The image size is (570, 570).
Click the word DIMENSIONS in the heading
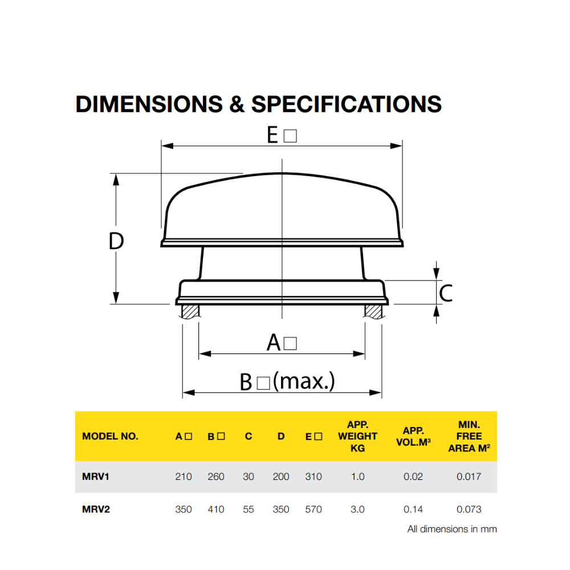pos(149,104)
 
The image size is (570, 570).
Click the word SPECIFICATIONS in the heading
pos(347,104)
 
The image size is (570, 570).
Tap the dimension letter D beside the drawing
pos(116,242)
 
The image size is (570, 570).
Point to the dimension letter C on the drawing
pos(446,294)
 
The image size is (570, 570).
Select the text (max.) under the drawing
pos(304,381)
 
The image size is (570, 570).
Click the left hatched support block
pos(190,311)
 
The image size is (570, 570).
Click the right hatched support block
pos(373,311)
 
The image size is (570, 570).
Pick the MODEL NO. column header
pos(110,437)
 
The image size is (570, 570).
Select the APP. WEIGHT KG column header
pos(357,436)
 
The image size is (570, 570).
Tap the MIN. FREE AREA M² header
pos(469,436)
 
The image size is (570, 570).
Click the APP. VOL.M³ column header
pos(413,437)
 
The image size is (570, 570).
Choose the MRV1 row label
pos(92,477)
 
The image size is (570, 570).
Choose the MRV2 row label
pos(92,509)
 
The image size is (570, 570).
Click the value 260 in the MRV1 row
pos(216,477)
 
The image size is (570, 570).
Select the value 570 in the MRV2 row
pos(313,509)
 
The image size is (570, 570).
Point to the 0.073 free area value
pos(469,509)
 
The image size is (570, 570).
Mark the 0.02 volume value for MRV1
pos(413,477)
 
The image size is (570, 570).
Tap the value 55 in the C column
pos(249,509)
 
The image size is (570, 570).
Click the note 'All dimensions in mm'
pos(452,529)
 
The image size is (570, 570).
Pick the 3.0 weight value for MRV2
pos(357,509)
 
